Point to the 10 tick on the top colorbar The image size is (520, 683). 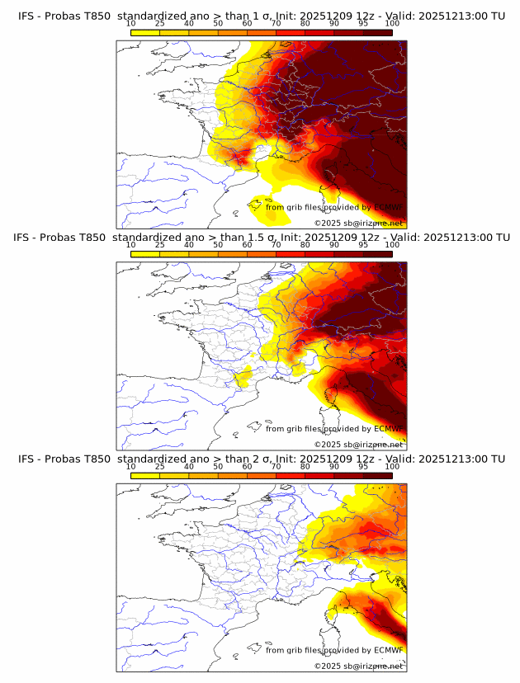[x=130, y=23]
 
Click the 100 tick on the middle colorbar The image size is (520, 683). [x=392, y=245]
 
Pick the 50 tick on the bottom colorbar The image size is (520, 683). [x=218, y=466]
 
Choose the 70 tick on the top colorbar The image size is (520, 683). [x=276, y=23]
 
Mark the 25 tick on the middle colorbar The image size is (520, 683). [x=159, y=245]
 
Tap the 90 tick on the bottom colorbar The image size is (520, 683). [x=334, y=466]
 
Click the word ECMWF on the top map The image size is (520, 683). [x=388, y=208]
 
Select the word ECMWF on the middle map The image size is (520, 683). [x=388, y=429]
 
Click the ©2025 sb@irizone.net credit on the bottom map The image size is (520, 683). [x=358, y=666]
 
